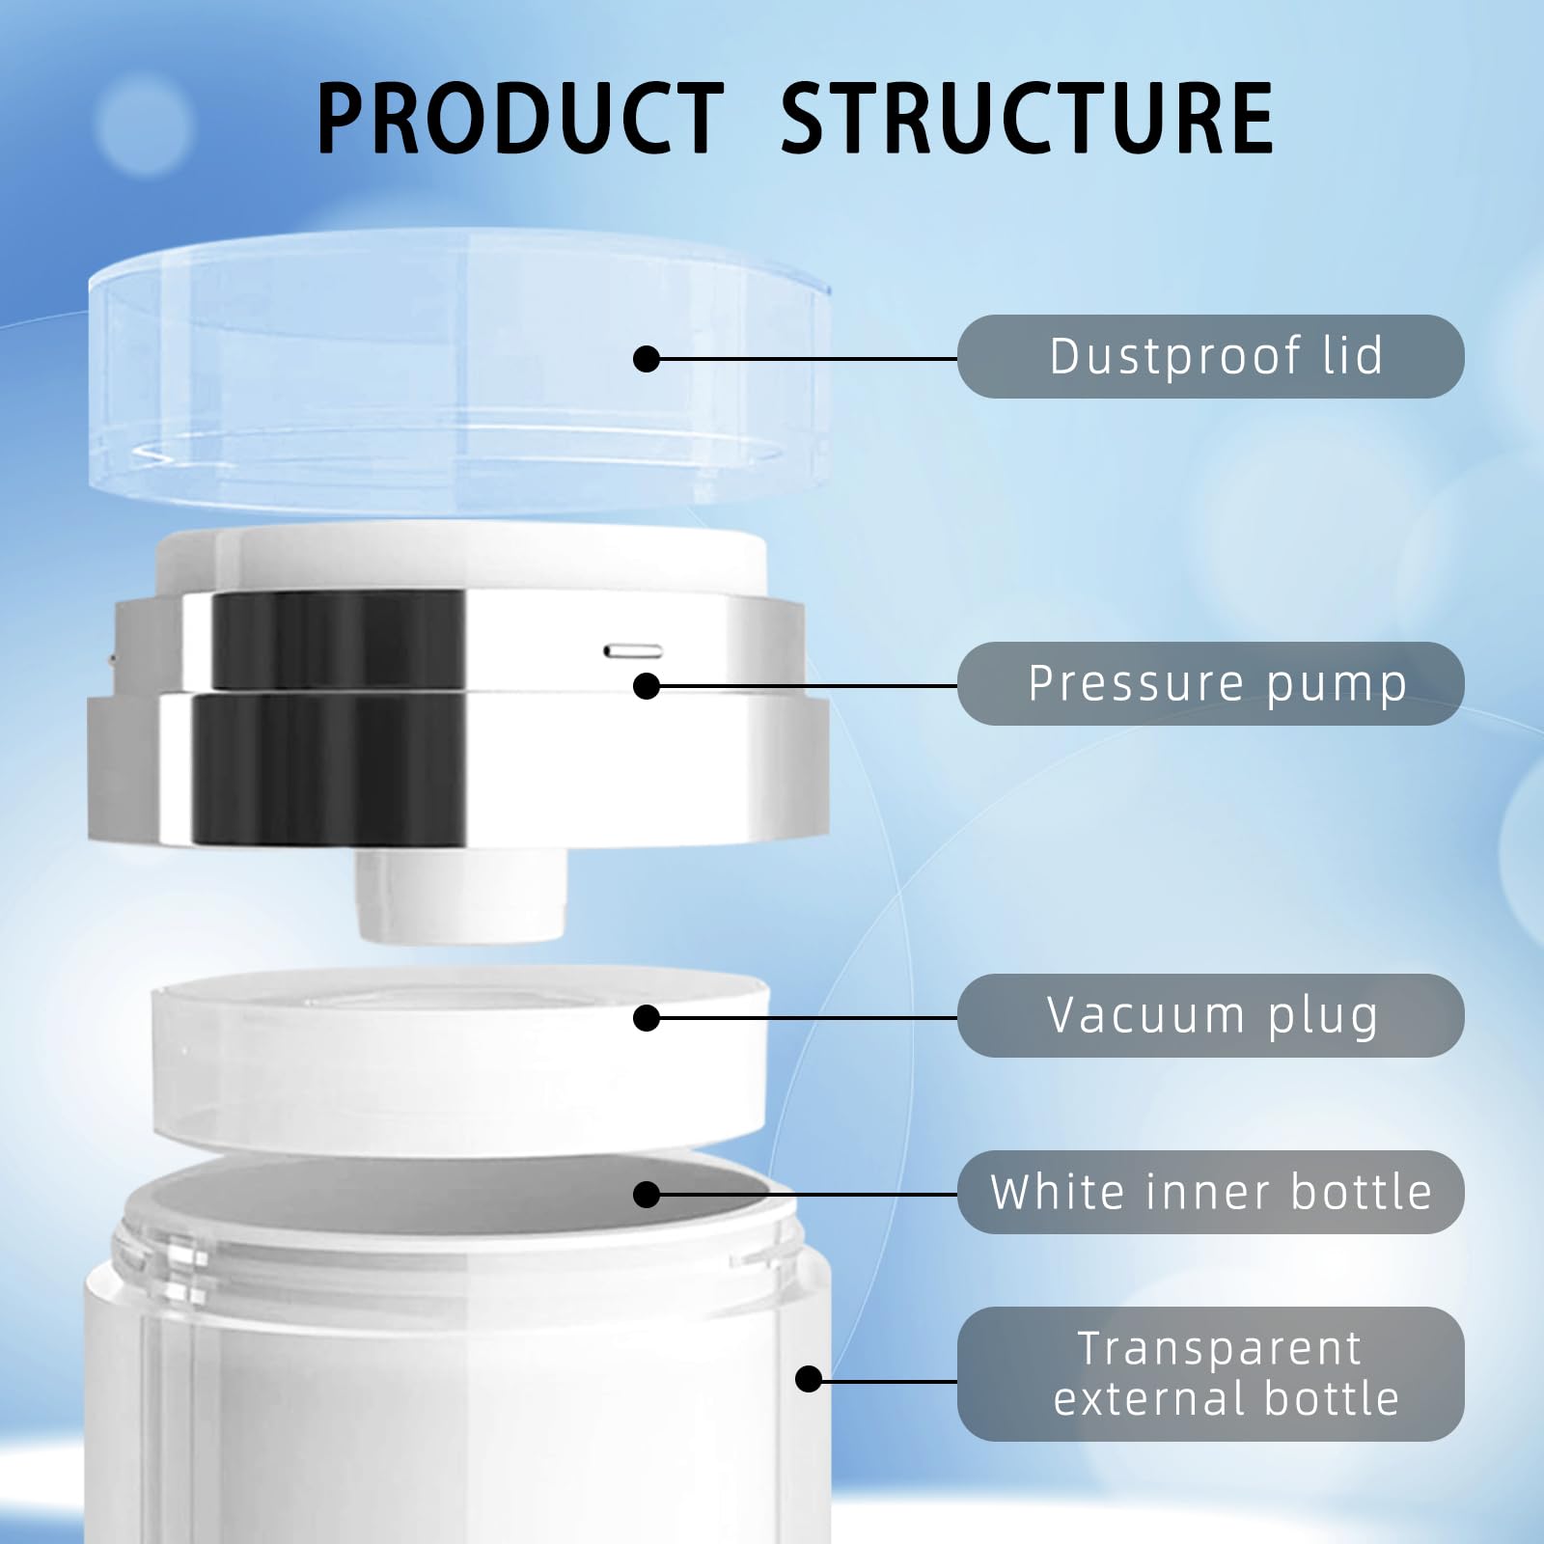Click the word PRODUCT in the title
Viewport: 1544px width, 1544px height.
[520, 119]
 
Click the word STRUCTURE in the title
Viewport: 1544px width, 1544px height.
[1026, 119]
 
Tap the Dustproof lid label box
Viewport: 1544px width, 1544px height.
[1210, 356]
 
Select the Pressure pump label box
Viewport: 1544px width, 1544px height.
[1210, 683]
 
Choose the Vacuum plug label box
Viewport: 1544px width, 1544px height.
[1210, 1015]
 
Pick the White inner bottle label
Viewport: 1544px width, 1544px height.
[1210, 1192]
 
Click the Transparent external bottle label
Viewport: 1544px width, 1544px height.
[1210, 1374]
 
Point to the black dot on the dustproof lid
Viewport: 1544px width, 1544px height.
[647, 359]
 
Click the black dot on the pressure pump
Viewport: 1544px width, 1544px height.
[647, 686]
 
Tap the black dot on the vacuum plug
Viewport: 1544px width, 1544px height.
[647, 1018]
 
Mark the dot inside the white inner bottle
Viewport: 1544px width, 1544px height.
[647, 1195]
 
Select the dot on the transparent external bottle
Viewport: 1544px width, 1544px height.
[809, 1379]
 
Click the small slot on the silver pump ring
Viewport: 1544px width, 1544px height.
[633, 651]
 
